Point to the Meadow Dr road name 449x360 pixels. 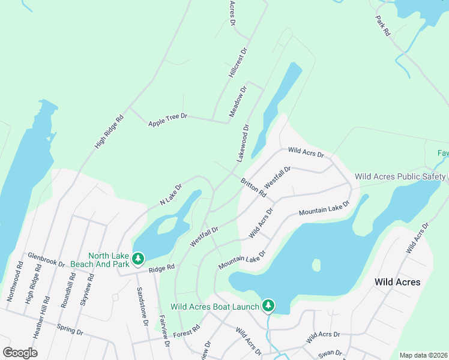point(238,103)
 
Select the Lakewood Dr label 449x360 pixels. point(243,143)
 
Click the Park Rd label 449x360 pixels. point(383,27)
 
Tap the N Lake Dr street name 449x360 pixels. point(170,196)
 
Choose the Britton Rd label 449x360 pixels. point(253,187)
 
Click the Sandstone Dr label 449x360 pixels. point(142,305)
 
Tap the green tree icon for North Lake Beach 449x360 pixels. point(139,258)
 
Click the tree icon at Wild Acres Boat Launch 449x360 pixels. point(268,306)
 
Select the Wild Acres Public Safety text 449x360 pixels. point(400,176)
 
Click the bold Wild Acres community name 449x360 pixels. point(397,281)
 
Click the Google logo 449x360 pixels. point(20,352)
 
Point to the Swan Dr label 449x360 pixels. point(331,353)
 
